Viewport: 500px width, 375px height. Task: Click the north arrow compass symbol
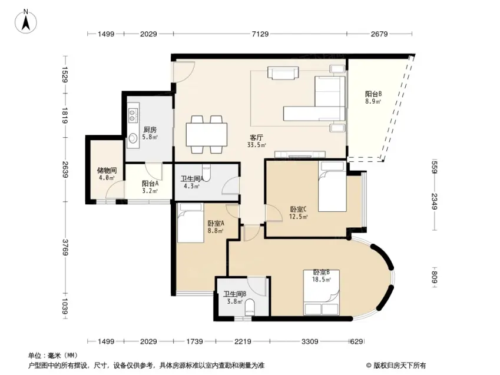point(26,21)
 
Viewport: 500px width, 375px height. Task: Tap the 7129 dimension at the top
point(260,34)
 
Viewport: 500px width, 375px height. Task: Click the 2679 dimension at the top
point(379,34)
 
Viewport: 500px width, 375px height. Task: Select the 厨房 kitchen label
point(150,130)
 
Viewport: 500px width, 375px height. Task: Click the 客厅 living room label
point(256,138)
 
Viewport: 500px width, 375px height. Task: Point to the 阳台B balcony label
point(373,94)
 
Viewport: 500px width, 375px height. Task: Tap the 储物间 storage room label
point(107,171)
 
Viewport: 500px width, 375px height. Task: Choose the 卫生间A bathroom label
point(192,179)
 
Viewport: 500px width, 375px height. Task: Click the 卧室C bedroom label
point(299,210)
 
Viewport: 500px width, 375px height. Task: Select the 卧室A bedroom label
point(216,223)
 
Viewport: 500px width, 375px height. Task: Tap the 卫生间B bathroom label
point(234,294)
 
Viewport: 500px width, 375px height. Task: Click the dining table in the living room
point(207,134)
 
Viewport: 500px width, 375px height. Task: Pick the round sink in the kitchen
point(133,138)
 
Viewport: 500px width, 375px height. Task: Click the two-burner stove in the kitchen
point(133,115)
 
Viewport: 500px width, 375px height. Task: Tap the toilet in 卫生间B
point(250,307)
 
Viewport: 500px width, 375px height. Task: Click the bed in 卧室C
point(332,187)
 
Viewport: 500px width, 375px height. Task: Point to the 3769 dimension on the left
point(65,247)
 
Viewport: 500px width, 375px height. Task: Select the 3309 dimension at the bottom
point(310,341)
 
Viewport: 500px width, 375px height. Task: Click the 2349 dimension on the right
point(434,201)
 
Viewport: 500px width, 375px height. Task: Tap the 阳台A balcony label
point(150,184)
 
